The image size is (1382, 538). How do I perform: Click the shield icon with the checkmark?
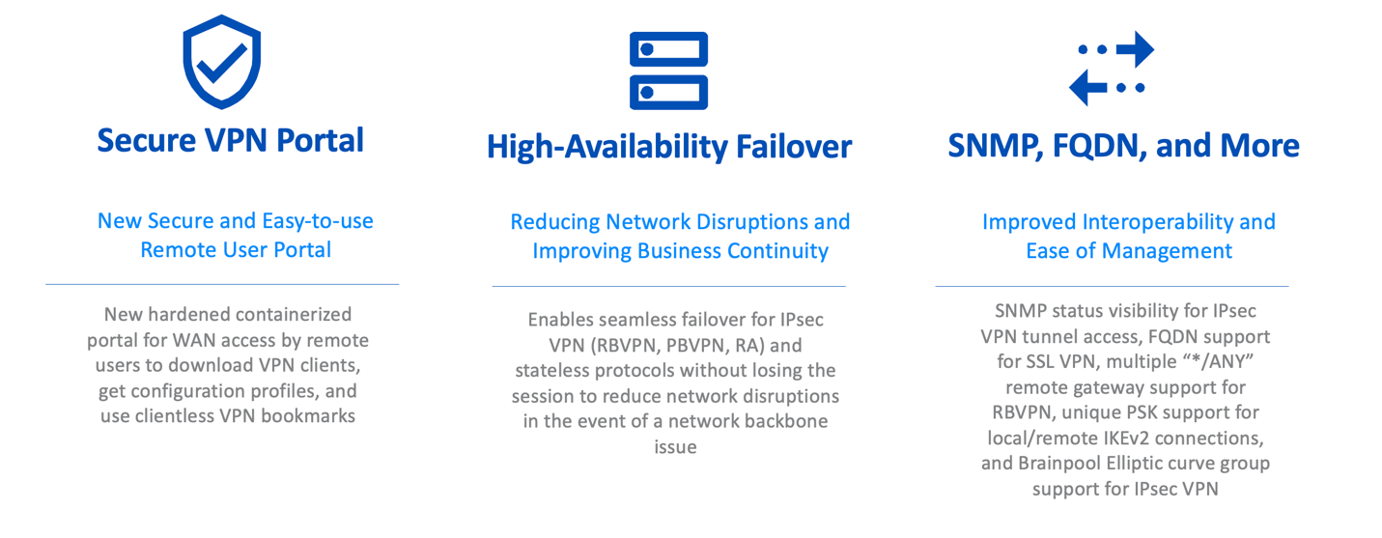coord(221,62)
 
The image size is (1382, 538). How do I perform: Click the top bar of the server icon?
coord(669,49)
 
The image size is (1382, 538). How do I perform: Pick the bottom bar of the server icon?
coord(669,93)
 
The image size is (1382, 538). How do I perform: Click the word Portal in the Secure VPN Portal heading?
coord(320,141)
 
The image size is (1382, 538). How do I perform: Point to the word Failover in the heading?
coord(794,147)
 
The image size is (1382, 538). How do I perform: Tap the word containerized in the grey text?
coord(293,314)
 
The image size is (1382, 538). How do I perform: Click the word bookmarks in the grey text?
coord(308,416)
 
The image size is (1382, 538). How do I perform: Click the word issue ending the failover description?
coord(676,446)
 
